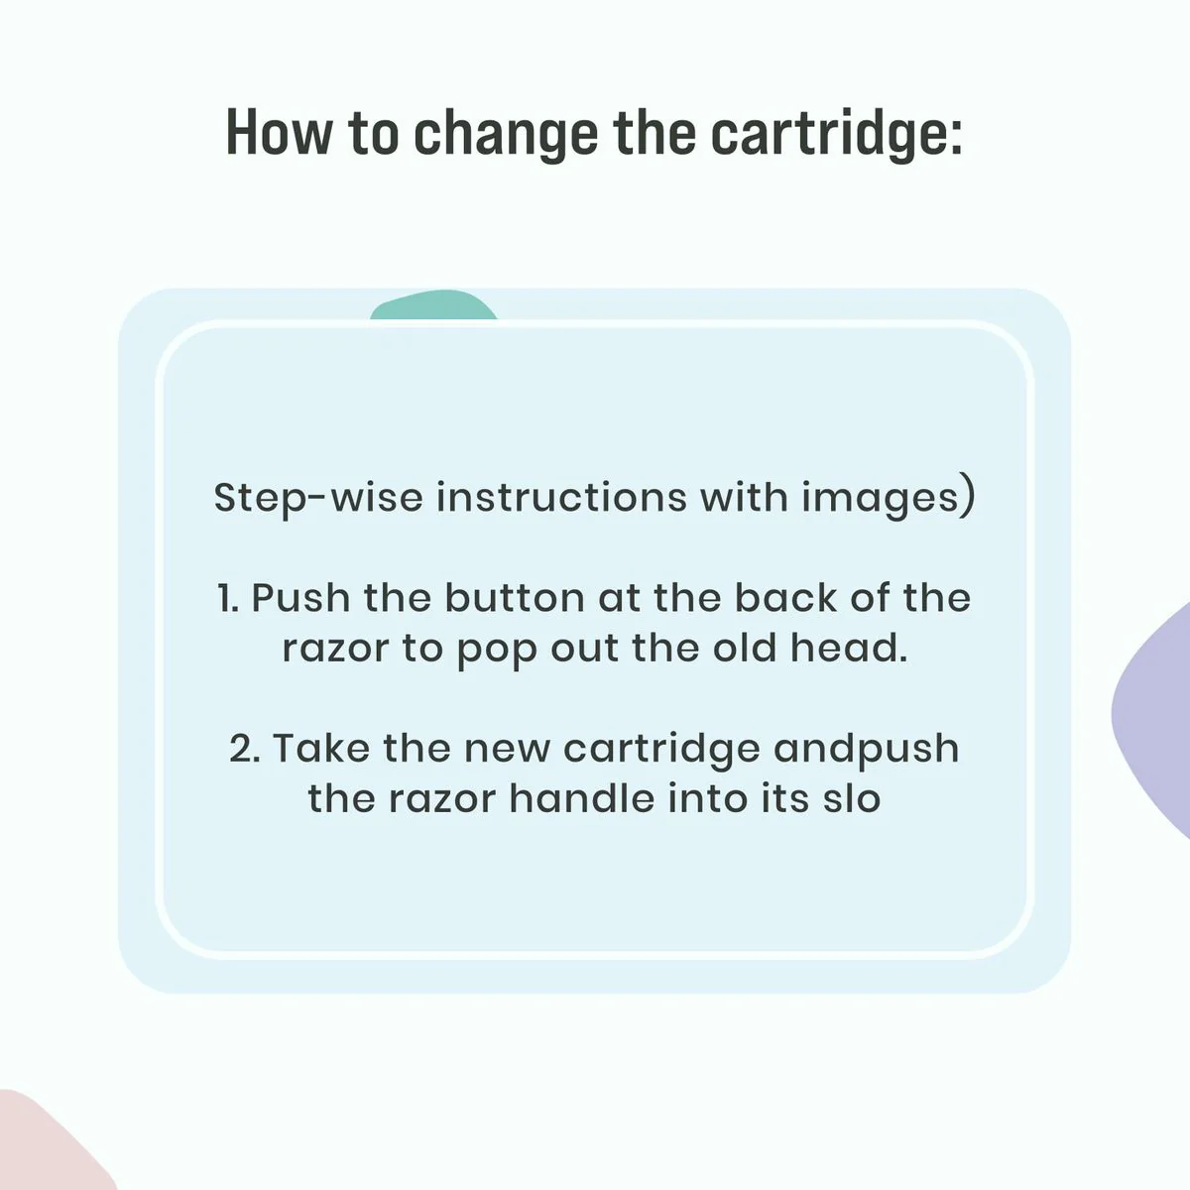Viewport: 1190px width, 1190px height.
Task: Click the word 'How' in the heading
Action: [x=279, y=132]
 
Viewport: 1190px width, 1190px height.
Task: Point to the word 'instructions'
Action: [x=561, y=497]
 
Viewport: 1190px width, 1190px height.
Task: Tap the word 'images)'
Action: [x=888, y=499]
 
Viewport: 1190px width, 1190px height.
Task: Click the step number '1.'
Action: [x=228, y=598]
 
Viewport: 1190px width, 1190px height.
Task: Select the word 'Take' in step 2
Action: [x=320, y=748]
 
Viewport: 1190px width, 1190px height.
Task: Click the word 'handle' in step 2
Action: [x=582, y=798]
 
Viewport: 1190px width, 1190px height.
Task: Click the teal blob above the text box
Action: [x=433, y=305]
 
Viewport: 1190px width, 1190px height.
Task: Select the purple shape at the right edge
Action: [x=1152, y=720]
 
